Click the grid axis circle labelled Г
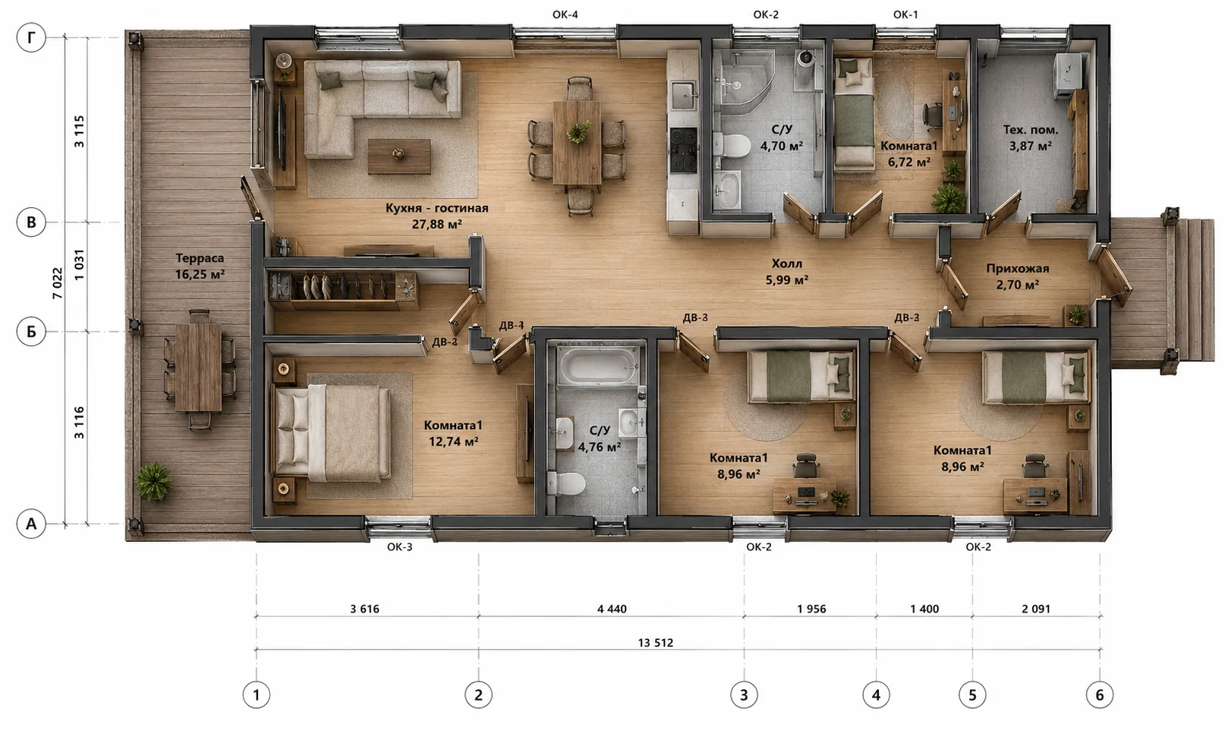click(x=31, y=38)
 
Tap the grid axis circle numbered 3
click(x=744, y=695)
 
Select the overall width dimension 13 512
click(x=655, y=643)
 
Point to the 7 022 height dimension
click(x=58, y=283)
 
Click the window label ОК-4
click(x=565, y=14)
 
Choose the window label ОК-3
click(x=400, y=547)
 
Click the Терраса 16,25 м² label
click(x=200, y=266)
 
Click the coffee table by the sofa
click(x=399, y=156)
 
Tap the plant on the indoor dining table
click(x=578, y=132)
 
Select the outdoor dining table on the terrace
click(x=199, y=367)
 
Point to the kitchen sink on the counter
click(x=683, y=96)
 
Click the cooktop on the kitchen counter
click(x=684, y=150)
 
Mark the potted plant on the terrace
click(x=153, y=481)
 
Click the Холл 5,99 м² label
click(x=787, y=272)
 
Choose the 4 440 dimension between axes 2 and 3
click(x=612, y=609)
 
